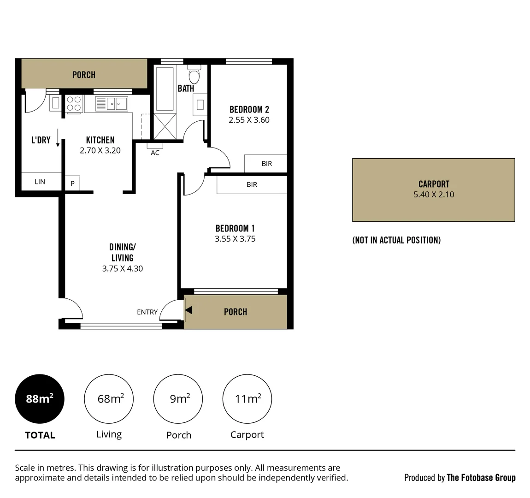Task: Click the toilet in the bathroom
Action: point(194,75)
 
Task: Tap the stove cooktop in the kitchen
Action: point(74,104)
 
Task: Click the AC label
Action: point(155,153)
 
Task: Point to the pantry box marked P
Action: point(72,184)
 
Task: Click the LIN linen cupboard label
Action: point(40,182)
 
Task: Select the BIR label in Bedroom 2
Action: point(266,164)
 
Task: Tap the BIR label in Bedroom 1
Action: point(252,184)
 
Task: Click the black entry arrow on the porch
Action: point(188,311)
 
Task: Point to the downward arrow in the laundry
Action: point(58,138)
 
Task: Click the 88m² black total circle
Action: point(40,399)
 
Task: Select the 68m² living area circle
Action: point(109,399)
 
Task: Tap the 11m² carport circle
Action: point(247,399)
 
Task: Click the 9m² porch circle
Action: point(178,399)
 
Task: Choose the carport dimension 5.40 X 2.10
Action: point(434,195)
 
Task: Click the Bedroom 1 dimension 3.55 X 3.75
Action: point(235,239)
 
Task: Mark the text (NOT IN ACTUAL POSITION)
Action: point(396,240)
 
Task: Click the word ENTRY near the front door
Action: point(147,312)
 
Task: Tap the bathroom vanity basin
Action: point(200,105)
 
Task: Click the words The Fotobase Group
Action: point(481,478)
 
